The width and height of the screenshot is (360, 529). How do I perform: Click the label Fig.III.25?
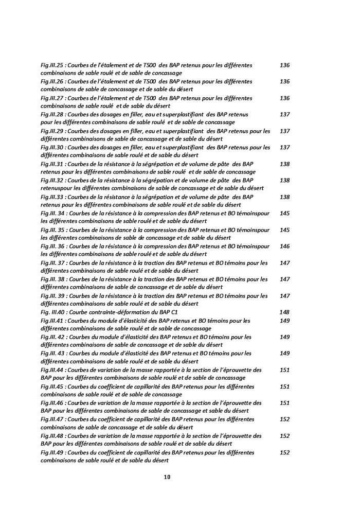tap(52, 65)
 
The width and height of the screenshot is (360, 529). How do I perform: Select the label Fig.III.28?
tap(52, 114)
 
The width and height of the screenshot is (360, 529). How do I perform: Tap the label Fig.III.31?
tap(52, 164)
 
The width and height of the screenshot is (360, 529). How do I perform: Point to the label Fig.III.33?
tap(52, 197)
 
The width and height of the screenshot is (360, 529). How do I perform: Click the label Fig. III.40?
tap(53, 312)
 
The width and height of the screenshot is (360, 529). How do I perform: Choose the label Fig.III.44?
tap(52, 369)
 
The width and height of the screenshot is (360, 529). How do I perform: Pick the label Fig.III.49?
tap(52, 452)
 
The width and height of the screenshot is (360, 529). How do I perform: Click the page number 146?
tap(284, 246)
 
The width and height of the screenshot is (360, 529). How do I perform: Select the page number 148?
tap(284, 312)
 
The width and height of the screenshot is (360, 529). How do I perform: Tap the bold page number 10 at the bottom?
tap(167, 477)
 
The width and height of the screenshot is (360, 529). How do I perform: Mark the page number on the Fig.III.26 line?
tap(284, 81)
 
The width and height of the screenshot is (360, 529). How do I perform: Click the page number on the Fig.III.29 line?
tap(284, 131)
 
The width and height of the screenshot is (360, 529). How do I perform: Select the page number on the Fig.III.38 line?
tap(284, 279)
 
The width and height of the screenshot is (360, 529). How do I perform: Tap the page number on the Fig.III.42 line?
tap(284, 337)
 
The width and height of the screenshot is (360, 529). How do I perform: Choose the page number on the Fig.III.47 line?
tap(284, 419)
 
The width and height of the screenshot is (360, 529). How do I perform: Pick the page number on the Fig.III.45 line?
tap(284, 386)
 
